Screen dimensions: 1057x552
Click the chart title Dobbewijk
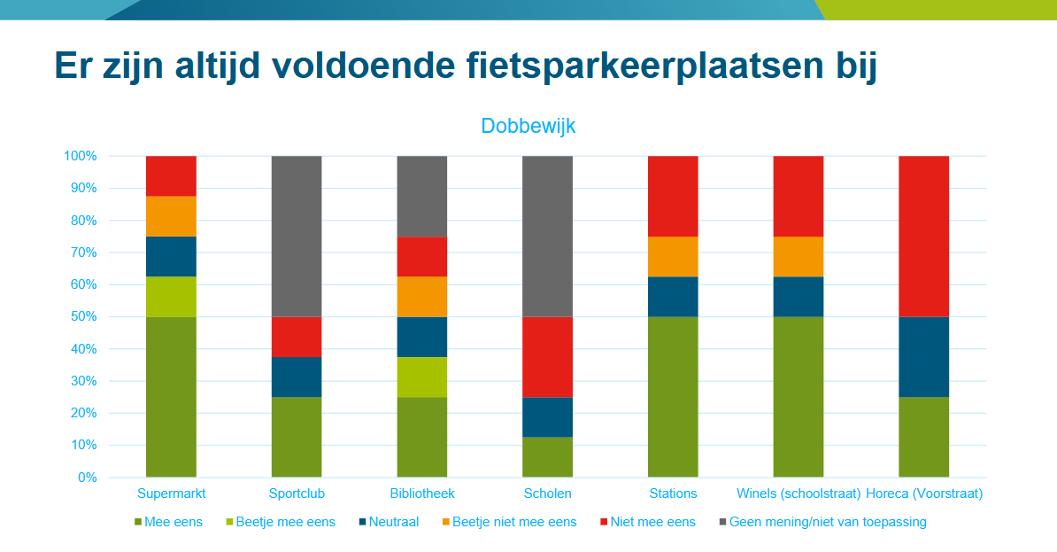(528, 126)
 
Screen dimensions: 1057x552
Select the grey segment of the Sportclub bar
(297, 237)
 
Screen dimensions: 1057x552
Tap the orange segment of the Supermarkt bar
(171, 216)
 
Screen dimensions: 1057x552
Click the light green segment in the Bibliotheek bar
(422, 377)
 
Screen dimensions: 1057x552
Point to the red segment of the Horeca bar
(923, 237)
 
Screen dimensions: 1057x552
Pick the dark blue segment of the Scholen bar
(547, 417)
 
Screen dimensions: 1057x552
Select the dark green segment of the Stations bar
(673, 397)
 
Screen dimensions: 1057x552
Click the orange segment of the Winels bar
(799, 256)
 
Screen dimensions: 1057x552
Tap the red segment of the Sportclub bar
(297, 337)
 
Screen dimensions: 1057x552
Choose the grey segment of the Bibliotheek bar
(422, 197)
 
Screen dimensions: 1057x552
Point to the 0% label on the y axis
(88, 477)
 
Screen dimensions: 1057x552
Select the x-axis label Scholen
(547, 494)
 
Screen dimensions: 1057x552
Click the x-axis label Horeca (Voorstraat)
(924, 494)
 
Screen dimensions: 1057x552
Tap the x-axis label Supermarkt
(171, 494)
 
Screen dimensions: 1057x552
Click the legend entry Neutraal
(389, 522)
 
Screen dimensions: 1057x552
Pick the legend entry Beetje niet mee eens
(510, 522)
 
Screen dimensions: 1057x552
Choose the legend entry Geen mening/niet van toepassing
(823, 522)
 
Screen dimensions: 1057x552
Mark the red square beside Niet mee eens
(604, 522)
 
